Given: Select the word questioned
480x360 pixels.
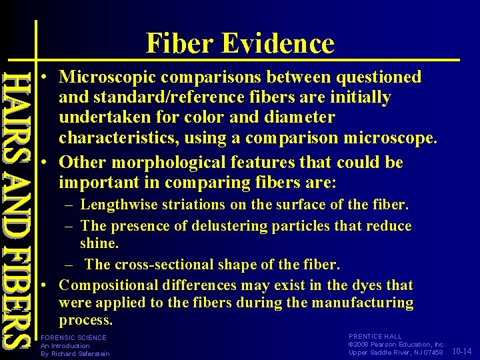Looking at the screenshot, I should click(379, 77).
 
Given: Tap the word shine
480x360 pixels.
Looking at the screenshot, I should click(97, 244).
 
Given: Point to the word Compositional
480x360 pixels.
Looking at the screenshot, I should click(111, 285).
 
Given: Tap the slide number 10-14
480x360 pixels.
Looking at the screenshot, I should click(461, 351).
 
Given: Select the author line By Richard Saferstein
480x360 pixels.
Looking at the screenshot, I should click(75, 353).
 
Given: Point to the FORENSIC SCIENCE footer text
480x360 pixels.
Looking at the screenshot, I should click(73, 337).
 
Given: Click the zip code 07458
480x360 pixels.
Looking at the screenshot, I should click(431, 352).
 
